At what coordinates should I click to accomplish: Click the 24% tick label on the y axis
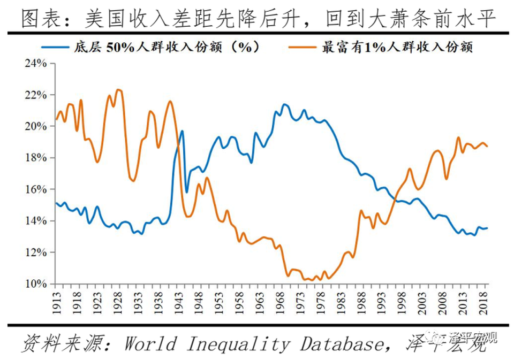tap(36, 63)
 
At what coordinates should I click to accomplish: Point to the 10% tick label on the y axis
tap(36, 284)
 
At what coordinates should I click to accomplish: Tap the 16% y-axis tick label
tap(36, 189)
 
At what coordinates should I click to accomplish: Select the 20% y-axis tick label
tap(36, 126)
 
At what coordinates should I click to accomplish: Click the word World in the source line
tap(150, 344)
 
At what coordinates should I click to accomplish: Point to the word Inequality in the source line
tap(237, 344)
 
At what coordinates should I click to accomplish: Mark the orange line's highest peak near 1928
tap(119, 90)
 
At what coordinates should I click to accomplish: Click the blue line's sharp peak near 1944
tap(182, 131)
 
